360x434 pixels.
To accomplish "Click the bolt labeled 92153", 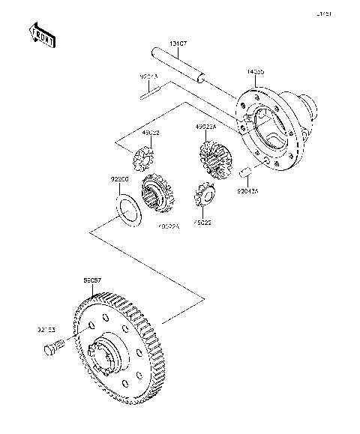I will click(53, 348).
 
